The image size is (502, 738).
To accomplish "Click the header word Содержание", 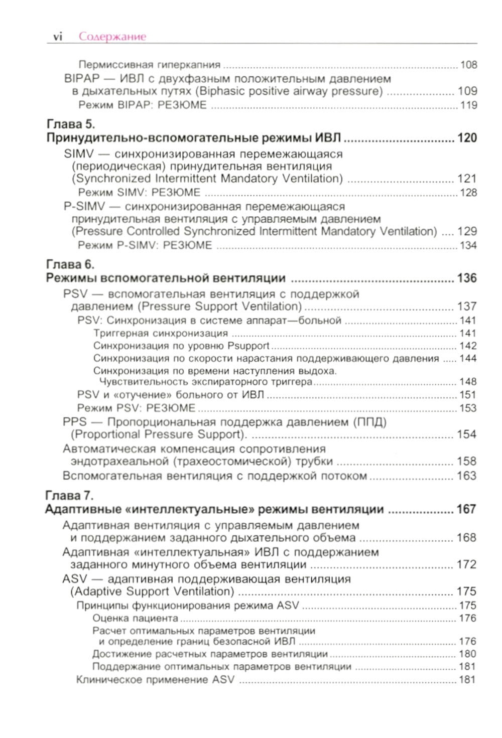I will tap(112, 37).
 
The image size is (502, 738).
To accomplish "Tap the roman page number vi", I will tap(58, 37).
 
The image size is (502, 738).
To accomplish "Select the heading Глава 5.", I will tap(71, 124).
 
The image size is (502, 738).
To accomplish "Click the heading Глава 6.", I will tap(70, 264).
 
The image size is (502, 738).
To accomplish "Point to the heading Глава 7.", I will tap(70, 496).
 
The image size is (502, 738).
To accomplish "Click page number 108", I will tap(468, 65).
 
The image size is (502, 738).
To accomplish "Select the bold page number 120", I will tap(467, 138).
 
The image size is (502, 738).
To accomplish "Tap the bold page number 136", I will tap(467, 278).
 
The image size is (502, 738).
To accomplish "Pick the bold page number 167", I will tap(466, 510).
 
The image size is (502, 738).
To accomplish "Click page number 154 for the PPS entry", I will tap(466, 434).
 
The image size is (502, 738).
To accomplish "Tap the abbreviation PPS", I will tap(75, 422).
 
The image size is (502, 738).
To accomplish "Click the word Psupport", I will tap(248, 346).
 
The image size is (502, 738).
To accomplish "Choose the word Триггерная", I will tap(120, 333).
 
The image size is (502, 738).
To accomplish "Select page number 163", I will tap(466, 476).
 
